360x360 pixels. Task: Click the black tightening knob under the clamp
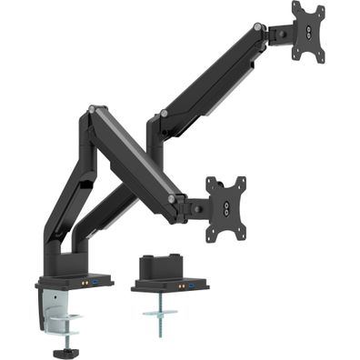pyautogui.click(x=65, y=347)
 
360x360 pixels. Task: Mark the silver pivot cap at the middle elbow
pyautogui.click(x=164, y=114)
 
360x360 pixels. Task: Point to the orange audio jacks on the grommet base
pyautogui.click(x=179, y=285)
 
